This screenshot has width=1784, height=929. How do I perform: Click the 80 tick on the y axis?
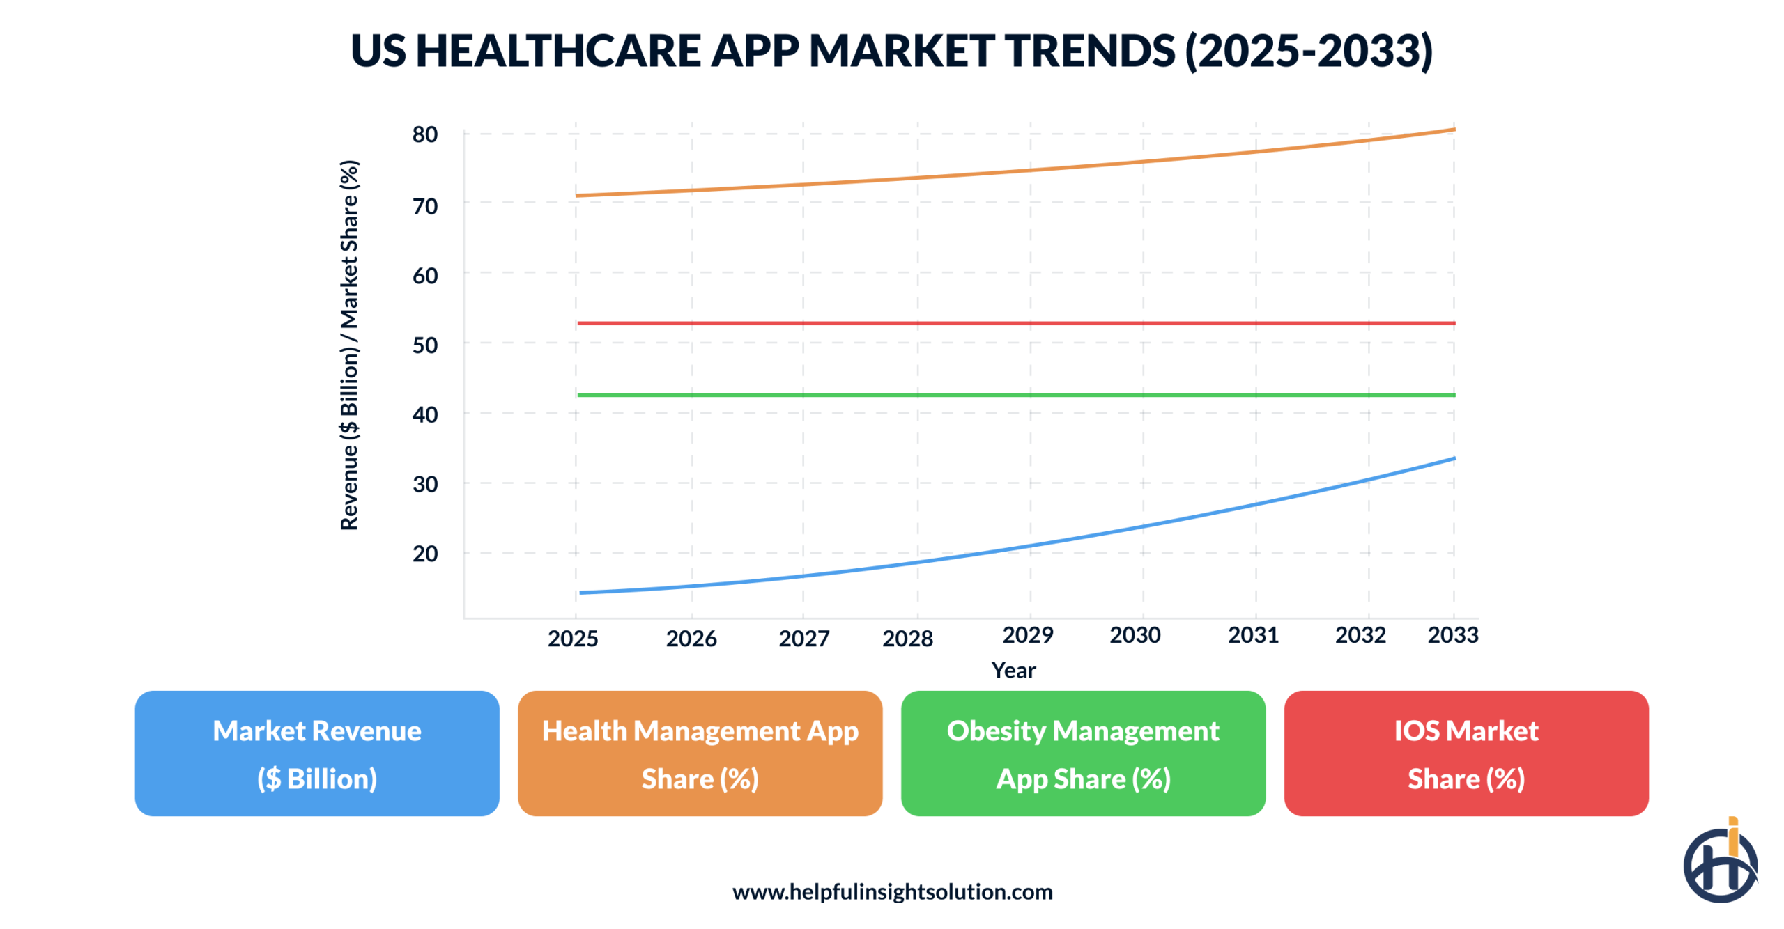[x=424, y=134]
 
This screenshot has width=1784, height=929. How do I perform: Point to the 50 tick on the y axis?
[x=424, y=345]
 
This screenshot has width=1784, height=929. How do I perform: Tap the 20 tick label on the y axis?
[x=424, y=554]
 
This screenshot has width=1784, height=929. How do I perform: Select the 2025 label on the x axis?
[x=572, y=639]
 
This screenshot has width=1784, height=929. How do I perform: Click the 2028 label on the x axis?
[x=907, y=639]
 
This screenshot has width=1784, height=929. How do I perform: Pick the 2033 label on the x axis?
[x=1452, y=634]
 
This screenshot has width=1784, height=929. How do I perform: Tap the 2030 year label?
[x=1135, y=634]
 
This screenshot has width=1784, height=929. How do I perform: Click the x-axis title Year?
[x=1013, y=670]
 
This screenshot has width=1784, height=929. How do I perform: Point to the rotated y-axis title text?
[x=348, y=345]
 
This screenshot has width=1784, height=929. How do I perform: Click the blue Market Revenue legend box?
[x=316, y=753]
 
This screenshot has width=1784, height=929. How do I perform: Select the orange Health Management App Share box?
[x=699, y=753]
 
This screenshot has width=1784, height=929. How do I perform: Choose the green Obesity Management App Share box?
[x=1082, y=753]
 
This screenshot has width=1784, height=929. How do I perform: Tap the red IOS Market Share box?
[x=1466, y=753]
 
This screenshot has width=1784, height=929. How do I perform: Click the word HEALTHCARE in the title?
[x=557, y=51]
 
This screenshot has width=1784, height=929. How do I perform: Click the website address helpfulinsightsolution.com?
[x=892, y=891]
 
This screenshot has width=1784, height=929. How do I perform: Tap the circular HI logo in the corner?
[x=1719, y=864]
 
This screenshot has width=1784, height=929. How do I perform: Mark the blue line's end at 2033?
[x=1453, y=458]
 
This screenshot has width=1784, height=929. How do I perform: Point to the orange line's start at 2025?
[x=578, y=196]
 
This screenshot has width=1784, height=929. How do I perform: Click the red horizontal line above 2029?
[x=1030, y=323]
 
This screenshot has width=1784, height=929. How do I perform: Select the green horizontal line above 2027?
[x=803, y=395]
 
